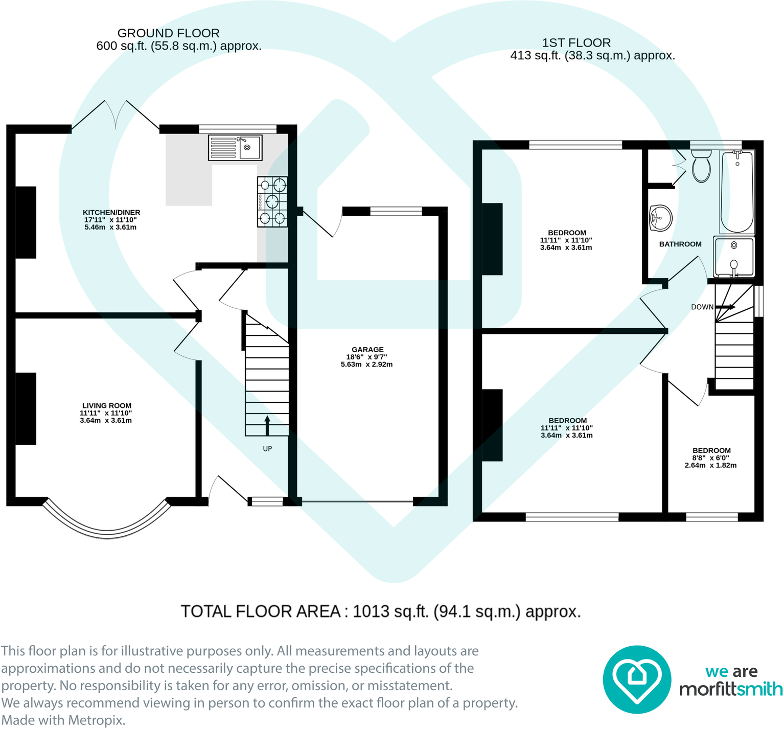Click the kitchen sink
pos(235,147)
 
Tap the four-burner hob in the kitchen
pos(272,201)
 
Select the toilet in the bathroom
pos(701,166)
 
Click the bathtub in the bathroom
pos(737,191)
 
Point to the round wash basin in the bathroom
pos(660,218)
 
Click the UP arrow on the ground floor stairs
pos(267,425)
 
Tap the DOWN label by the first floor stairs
pos(702,307)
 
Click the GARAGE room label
pos(367,350)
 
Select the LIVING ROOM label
pos(107,405)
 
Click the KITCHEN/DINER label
pos(111,212)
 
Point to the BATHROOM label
pos(680,244)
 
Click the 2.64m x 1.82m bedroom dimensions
pos(711,466)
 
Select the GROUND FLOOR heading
pos(169,33)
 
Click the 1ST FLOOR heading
pos(577,43)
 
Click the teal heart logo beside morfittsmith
pos(637,679)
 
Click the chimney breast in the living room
pos(26,408)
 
